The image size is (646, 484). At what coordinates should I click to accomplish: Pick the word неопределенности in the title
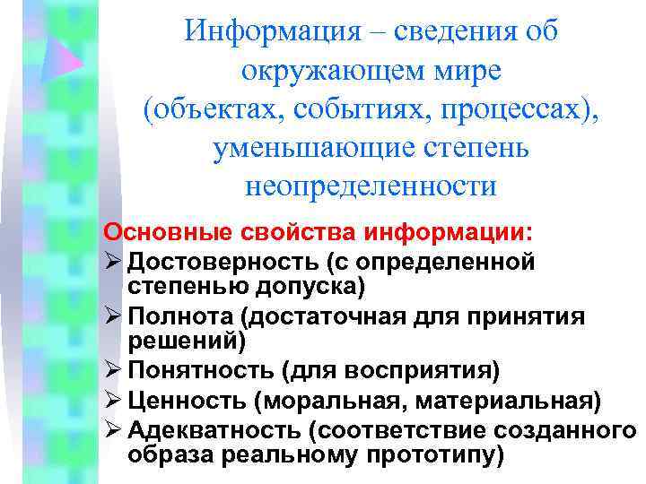(370, 186)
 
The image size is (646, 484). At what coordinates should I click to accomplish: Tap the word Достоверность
(223, 262)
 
